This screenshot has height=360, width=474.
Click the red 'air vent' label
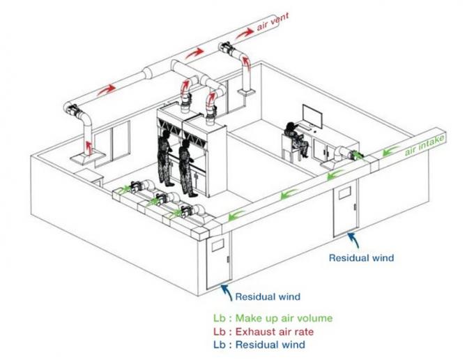pos(273,22)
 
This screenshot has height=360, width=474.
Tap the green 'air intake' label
pos(425,145)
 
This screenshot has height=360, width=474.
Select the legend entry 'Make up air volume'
pos(284,318)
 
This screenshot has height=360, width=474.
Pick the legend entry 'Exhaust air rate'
pos(275,331)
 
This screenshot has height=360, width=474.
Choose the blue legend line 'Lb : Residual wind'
pos(259,345)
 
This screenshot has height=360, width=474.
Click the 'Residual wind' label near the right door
pos(362,257)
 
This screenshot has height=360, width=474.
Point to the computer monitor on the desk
pos(312,117)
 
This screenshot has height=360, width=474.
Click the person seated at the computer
pos(296,140)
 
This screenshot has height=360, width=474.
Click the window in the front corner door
pos(217,245)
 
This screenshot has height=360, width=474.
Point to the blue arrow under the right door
pos(353,240)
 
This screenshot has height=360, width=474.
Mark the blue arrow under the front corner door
pos(227,292)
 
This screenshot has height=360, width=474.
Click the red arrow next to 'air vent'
pos(245,33)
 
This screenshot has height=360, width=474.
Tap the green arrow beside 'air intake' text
pos(390,151)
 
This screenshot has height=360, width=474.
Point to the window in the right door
pos(344,193)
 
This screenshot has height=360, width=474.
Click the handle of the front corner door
pos(228,260)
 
